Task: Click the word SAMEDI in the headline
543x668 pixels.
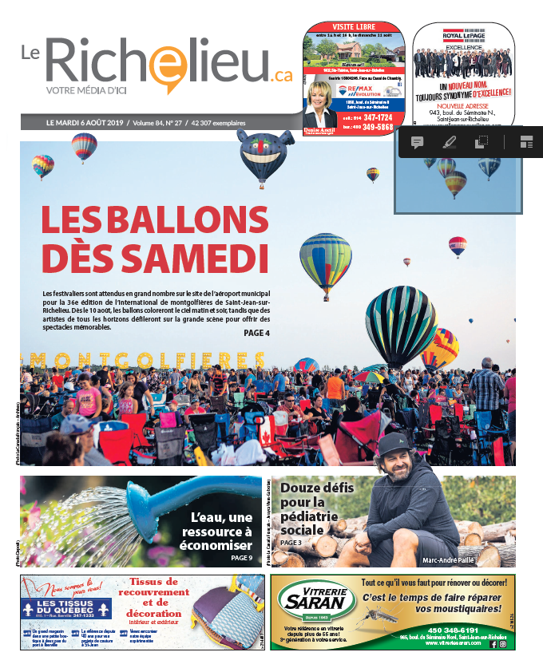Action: tap(155, 257)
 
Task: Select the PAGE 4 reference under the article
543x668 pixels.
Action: tap(256, 333)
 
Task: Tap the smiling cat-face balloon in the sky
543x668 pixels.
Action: tap(266, 154)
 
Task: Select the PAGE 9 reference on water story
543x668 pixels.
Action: tap(241, 558)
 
